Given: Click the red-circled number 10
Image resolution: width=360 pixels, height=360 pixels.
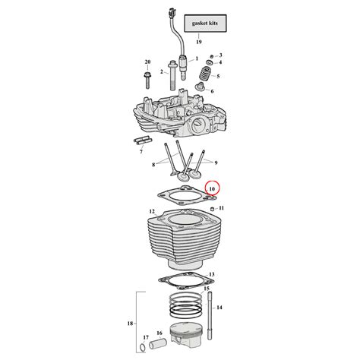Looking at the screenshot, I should pos(212,188).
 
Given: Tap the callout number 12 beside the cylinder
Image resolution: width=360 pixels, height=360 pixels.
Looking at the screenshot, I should pos(152,210).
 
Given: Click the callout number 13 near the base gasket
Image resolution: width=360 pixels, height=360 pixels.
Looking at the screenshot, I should pos(212,274).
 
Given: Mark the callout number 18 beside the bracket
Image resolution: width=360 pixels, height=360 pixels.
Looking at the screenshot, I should pos(129,324).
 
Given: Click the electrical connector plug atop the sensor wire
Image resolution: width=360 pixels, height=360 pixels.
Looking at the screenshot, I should pos(167,13).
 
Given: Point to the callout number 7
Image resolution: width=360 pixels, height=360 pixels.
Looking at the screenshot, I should pos(141,152).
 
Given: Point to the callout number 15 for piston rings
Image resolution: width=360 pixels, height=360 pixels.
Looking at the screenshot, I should pos(206,289).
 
